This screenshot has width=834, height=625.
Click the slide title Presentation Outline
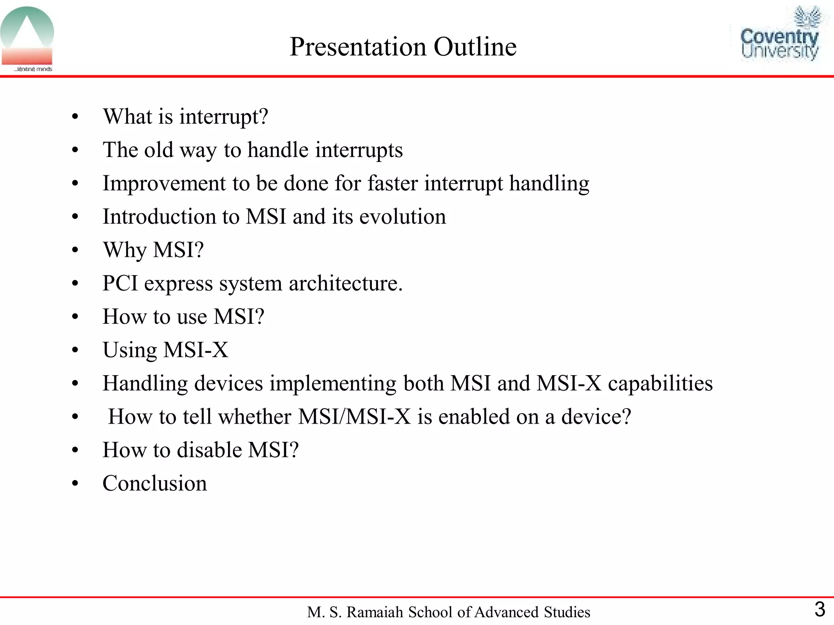(403, 46)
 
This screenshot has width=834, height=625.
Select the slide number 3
(819, 610)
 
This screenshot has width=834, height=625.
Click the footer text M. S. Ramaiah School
(448, 612)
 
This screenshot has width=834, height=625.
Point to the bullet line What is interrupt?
(185, 117)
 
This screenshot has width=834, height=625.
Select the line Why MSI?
(153, 250)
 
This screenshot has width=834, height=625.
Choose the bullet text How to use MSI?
(183, 317)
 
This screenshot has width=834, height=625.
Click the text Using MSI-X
(165, 350)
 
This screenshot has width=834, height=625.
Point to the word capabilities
(660, 384)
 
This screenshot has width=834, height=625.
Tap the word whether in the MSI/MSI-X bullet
(255, 417)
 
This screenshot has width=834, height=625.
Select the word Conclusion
(155, 483)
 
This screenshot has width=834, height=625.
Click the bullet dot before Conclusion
(75, 484)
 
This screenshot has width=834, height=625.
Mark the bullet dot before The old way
(75, 151)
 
